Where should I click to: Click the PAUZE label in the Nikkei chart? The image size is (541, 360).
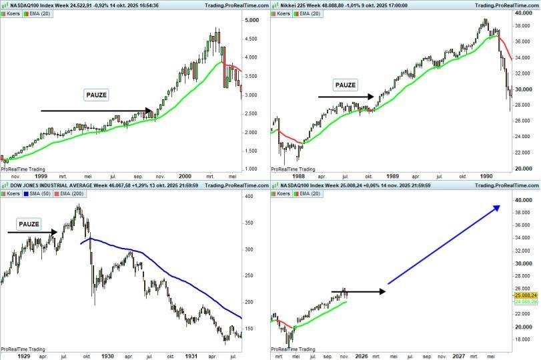(345, 85)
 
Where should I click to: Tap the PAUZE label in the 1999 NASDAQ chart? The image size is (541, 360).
(96, 95)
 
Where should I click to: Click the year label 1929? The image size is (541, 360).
(23, 357)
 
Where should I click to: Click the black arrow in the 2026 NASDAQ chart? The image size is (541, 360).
(358, 291)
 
